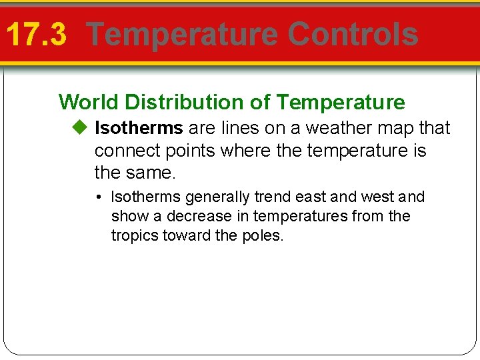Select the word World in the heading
pyautogui.click(x=89, y=102)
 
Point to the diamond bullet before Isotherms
pyautogui.click(x=81, y=127)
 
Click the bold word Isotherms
pyautogui.click(x=139, y=127)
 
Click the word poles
pyautogui.click(x=264, y=236)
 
